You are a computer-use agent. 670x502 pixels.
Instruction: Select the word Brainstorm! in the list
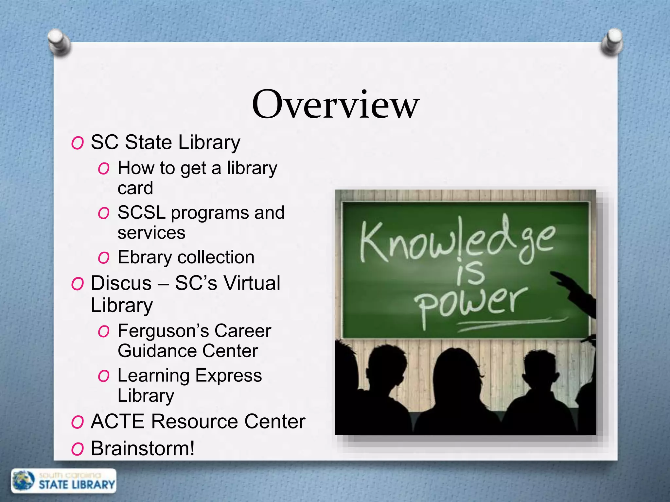pyautogui.click(x=143, y=448)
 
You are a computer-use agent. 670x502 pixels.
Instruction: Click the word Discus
pyautogui.click(x=121, y=283)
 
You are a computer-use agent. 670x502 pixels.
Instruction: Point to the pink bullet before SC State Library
pyautogui.click(x=78, y=143)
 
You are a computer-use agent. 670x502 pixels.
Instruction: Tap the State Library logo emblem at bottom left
pyautogui.click(x=24, y=481)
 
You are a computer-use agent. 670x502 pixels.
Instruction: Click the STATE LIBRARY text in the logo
pyautogui.click(x=77, y=485)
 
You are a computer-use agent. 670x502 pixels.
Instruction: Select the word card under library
pyautogui.click(x=135, y=188)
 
